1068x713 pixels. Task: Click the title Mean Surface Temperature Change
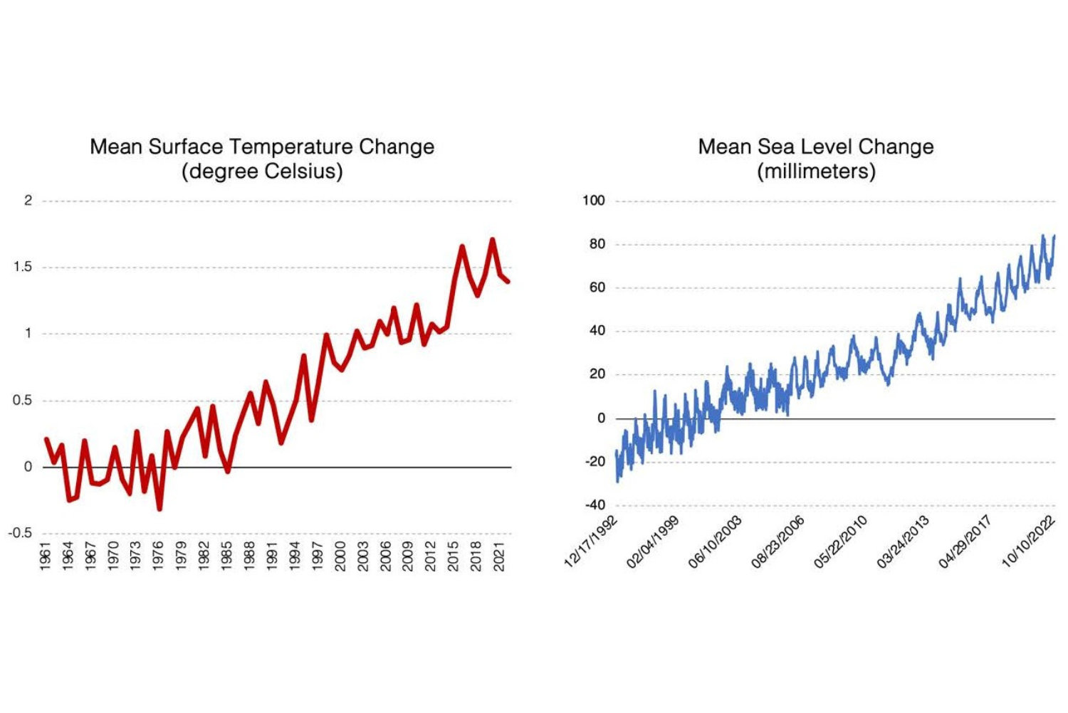(x=261, y=147)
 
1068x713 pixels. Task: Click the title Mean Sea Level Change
(x=815, y=147)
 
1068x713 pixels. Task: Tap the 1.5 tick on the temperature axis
(x=23, y=267)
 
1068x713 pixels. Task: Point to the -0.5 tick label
(x=21, y=533)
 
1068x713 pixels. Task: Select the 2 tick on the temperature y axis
(x=28, y=201)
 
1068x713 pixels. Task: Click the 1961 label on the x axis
(x=46, y=556)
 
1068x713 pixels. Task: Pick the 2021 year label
(x=499, y=556)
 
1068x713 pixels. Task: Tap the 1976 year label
(x=159, y=556)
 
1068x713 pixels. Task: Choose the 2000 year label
(x=340, y=556)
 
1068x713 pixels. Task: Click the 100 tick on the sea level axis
(x=593, y=201)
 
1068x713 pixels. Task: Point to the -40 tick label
(x=595, y=505)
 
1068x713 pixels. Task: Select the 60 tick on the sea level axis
(x=597, y=287)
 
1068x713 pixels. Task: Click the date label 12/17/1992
(x=591, y=542)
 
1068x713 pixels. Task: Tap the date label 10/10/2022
(x=1028, y=542)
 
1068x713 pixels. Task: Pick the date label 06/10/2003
(x=716, y=542)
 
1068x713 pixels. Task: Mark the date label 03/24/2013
(x=903, y=542)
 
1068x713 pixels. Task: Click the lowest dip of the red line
(x=159, y=509)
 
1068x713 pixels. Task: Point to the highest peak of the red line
(x=492, y=240)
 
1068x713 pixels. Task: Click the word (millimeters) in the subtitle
(x=816, y=171)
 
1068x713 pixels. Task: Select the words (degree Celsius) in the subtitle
(x=261, y=171)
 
